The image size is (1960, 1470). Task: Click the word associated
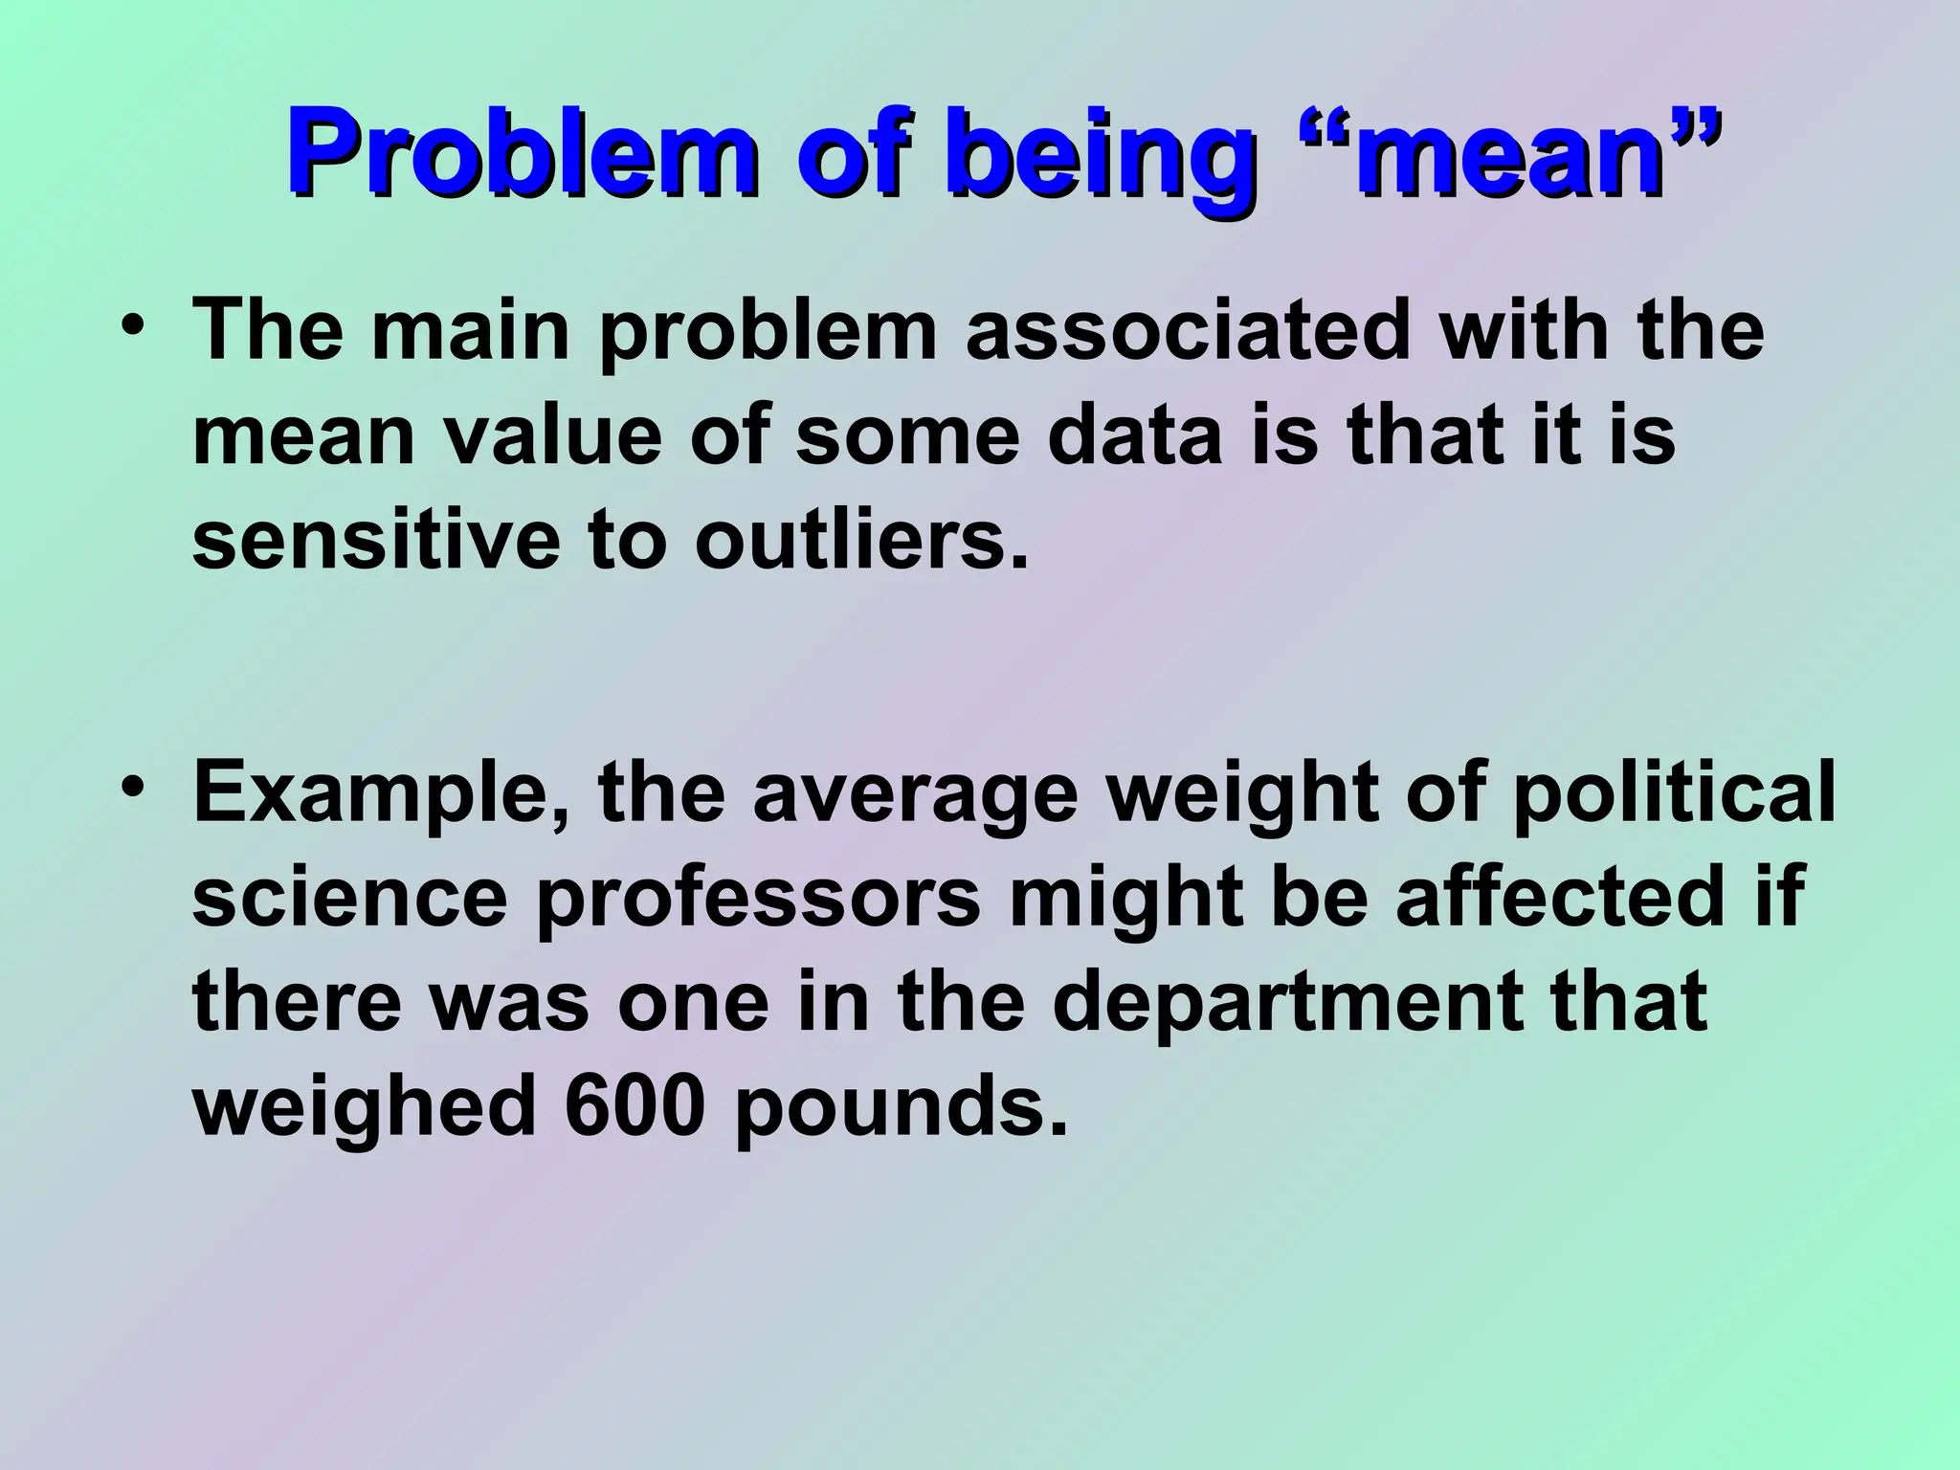point(1188,330)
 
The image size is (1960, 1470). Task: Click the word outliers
point(861,541)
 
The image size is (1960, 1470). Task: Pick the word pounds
point(900,1108)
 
